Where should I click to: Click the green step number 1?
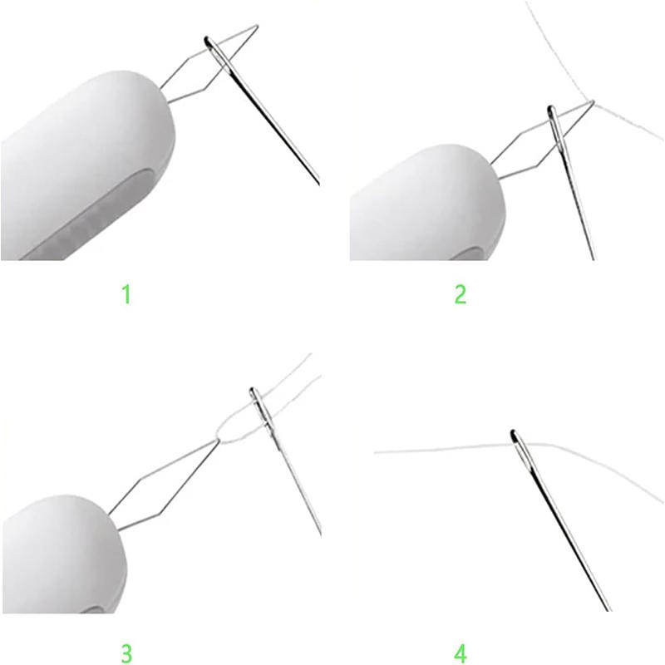coord(126,293)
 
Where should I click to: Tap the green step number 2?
coord(460,293)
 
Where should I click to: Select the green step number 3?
coord(126,651)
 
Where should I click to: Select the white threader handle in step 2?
coord(424,208)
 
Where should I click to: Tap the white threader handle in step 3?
coord(58,557)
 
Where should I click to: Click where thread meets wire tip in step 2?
coord(592,102)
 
